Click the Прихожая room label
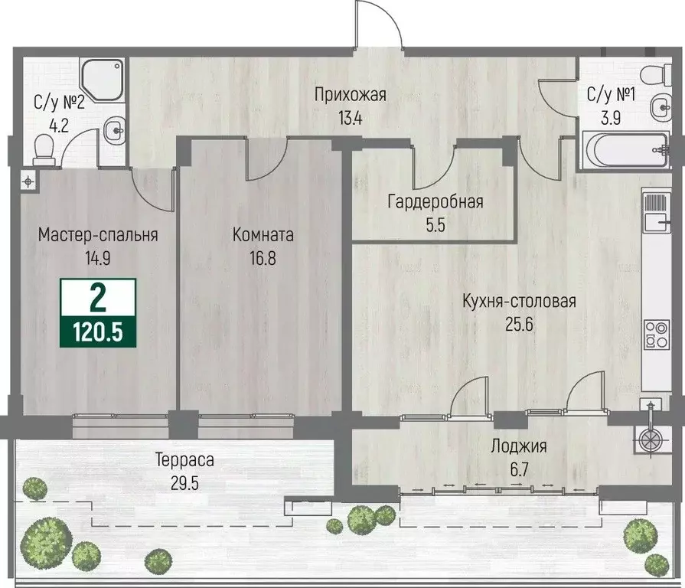(x=351, y=95)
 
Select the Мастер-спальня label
(x=98, y=235)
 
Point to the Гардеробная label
(x=435, y=202)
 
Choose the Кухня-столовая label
(x=518, y=301)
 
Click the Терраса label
(x=184, y=460)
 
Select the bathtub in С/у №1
(x=625, y=149)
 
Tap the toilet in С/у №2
(x=44, y=155)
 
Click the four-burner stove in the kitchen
(x=657, y=334)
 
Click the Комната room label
(x=263, y=235)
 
